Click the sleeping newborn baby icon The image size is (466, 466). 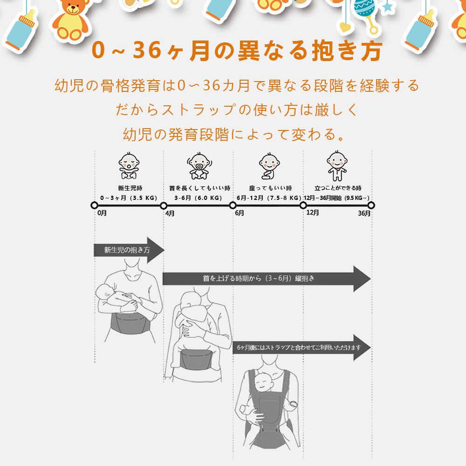pyautogui.click(x=129, y=165)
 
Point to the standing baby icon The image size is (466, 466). pyautogui.click(x=337, y=165)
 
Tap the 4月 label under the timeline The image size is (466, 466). pyautogui.click(x=170, y=213)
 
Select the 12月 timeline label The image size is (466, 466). pyautogui.click(x=313, y=212)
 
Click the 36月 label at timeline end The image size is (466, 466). pyautogui.click(x=364, y=213)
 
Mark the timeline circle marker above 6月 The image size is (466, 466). pyautogui.click(x=233, y=205)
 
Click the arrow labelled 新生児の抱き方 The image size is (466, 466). pyautogui.click(x=128, y=250)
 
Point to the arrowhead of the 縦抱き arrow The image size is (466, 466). pyautogui.click(x=362, y=279)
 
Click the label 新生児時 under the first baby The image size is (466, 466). pyautogui.click(x=127, y=188)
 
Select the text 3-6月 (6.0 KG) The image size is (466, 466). pyautogui.click(x=198, y=197)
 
